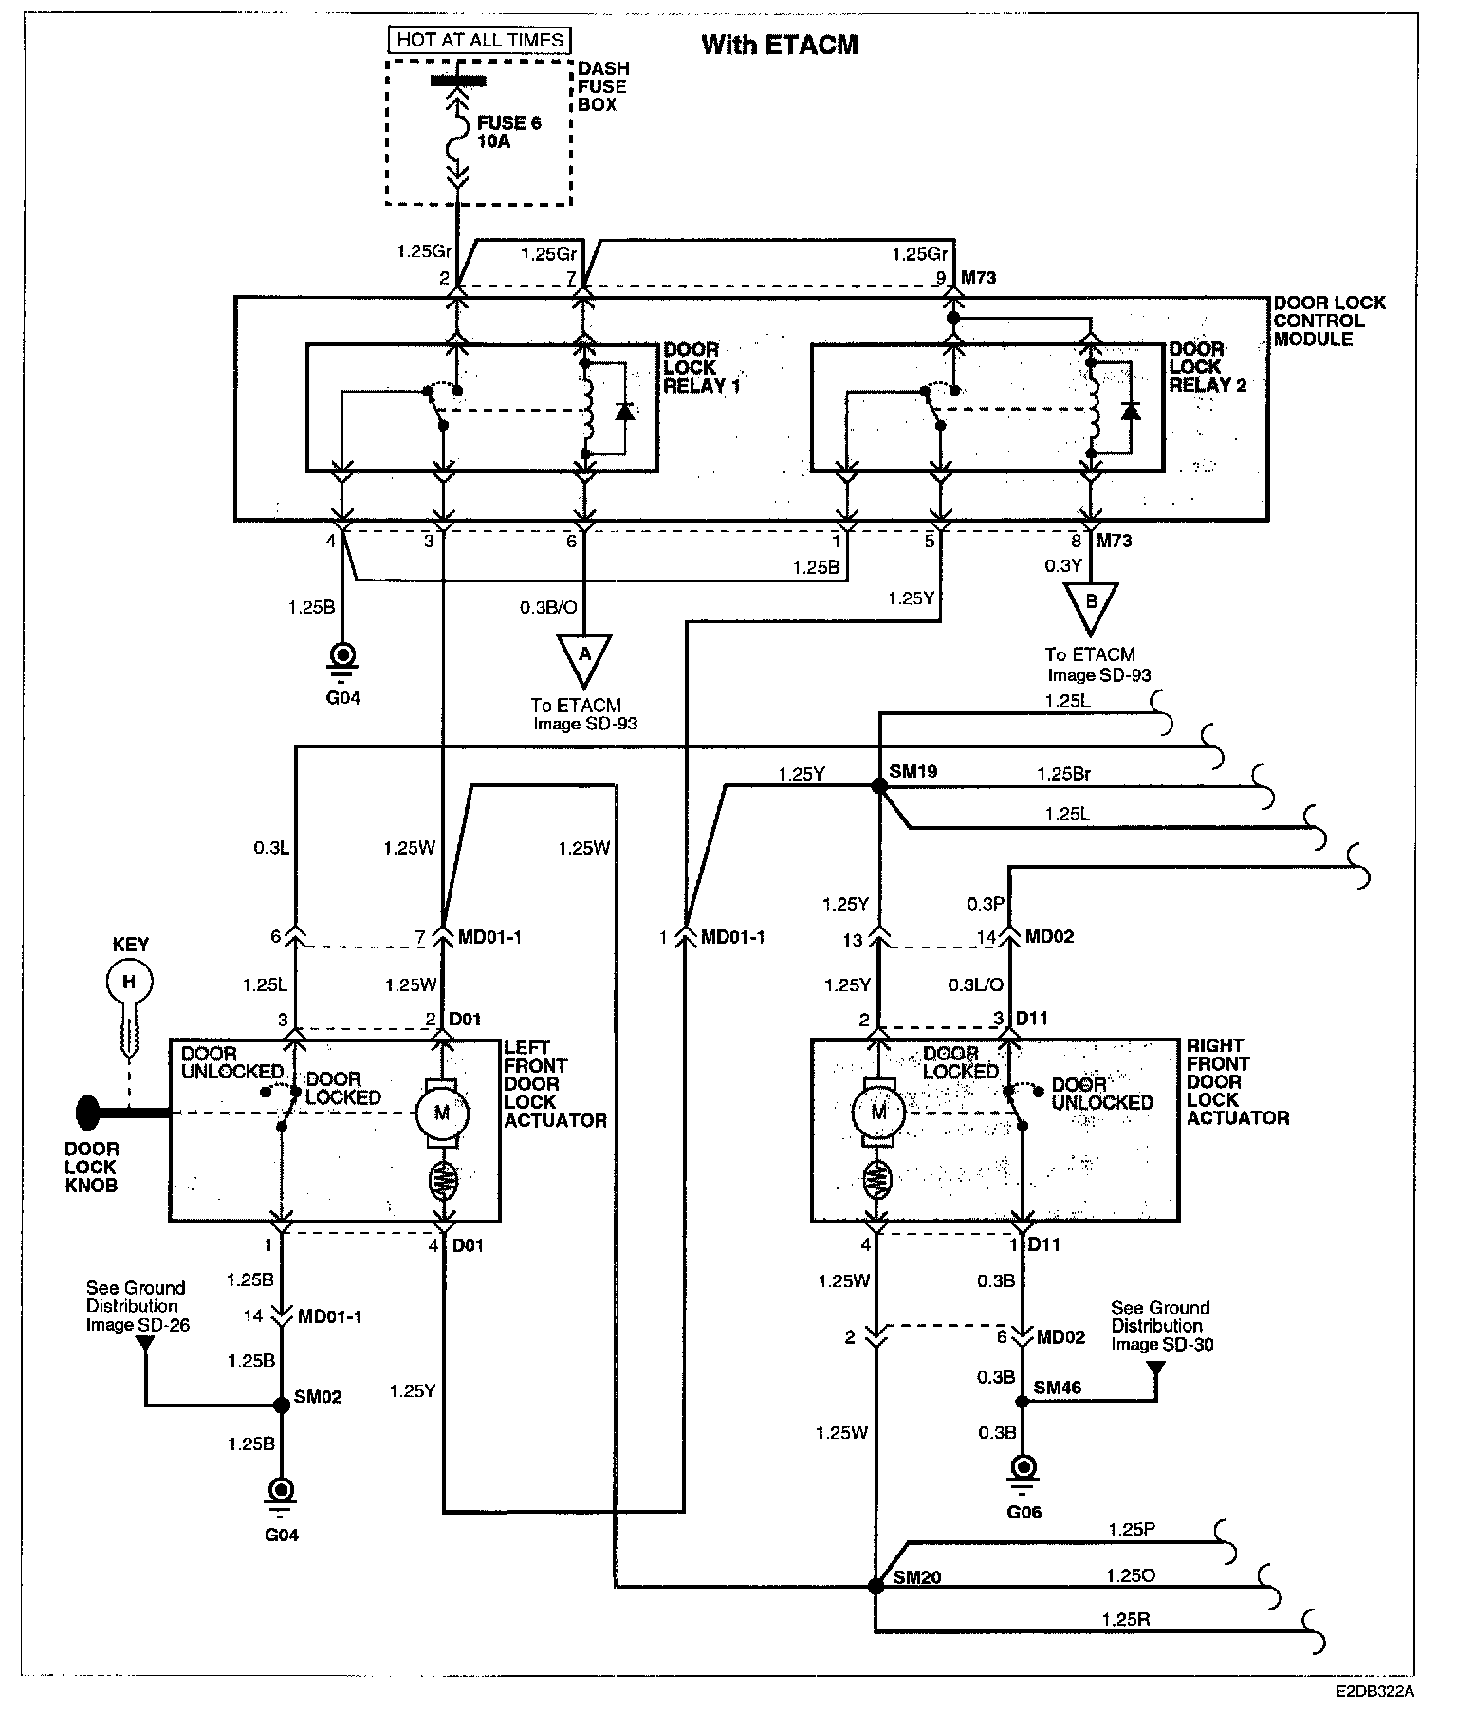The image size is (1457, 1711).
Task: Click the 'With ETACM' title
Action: pos(779,45)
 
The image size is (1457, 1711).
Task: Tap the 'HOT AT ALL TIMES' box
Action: pos(480,40)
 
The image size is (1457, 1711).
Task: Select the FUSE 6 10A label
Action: pos(509,132)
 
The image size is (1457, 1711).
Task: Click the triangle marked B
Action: pos(1091,604)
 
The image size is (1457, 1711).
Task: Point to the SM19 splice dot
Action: pos(879,785)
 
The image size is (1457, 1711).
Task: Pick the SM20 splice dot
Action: pos(876,1585)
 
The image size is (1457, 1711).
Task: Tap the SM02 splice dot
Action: pos(280,1405)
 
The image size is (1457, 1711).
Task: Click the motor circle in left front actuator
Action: pos(441,1113)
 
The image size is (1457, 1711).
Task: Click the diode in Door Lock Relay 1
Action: pos(624,411)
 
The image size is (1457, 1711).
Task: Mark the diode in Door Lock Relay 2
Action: pos(1130,411)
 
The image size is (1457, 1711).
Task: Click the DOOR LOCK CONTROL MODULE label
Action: pos(1328,321)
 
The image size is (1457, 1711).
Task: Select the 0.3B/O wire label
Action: pos(547,607)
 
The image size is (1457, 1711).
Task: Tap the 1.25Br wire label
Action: pos(1063,774)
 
